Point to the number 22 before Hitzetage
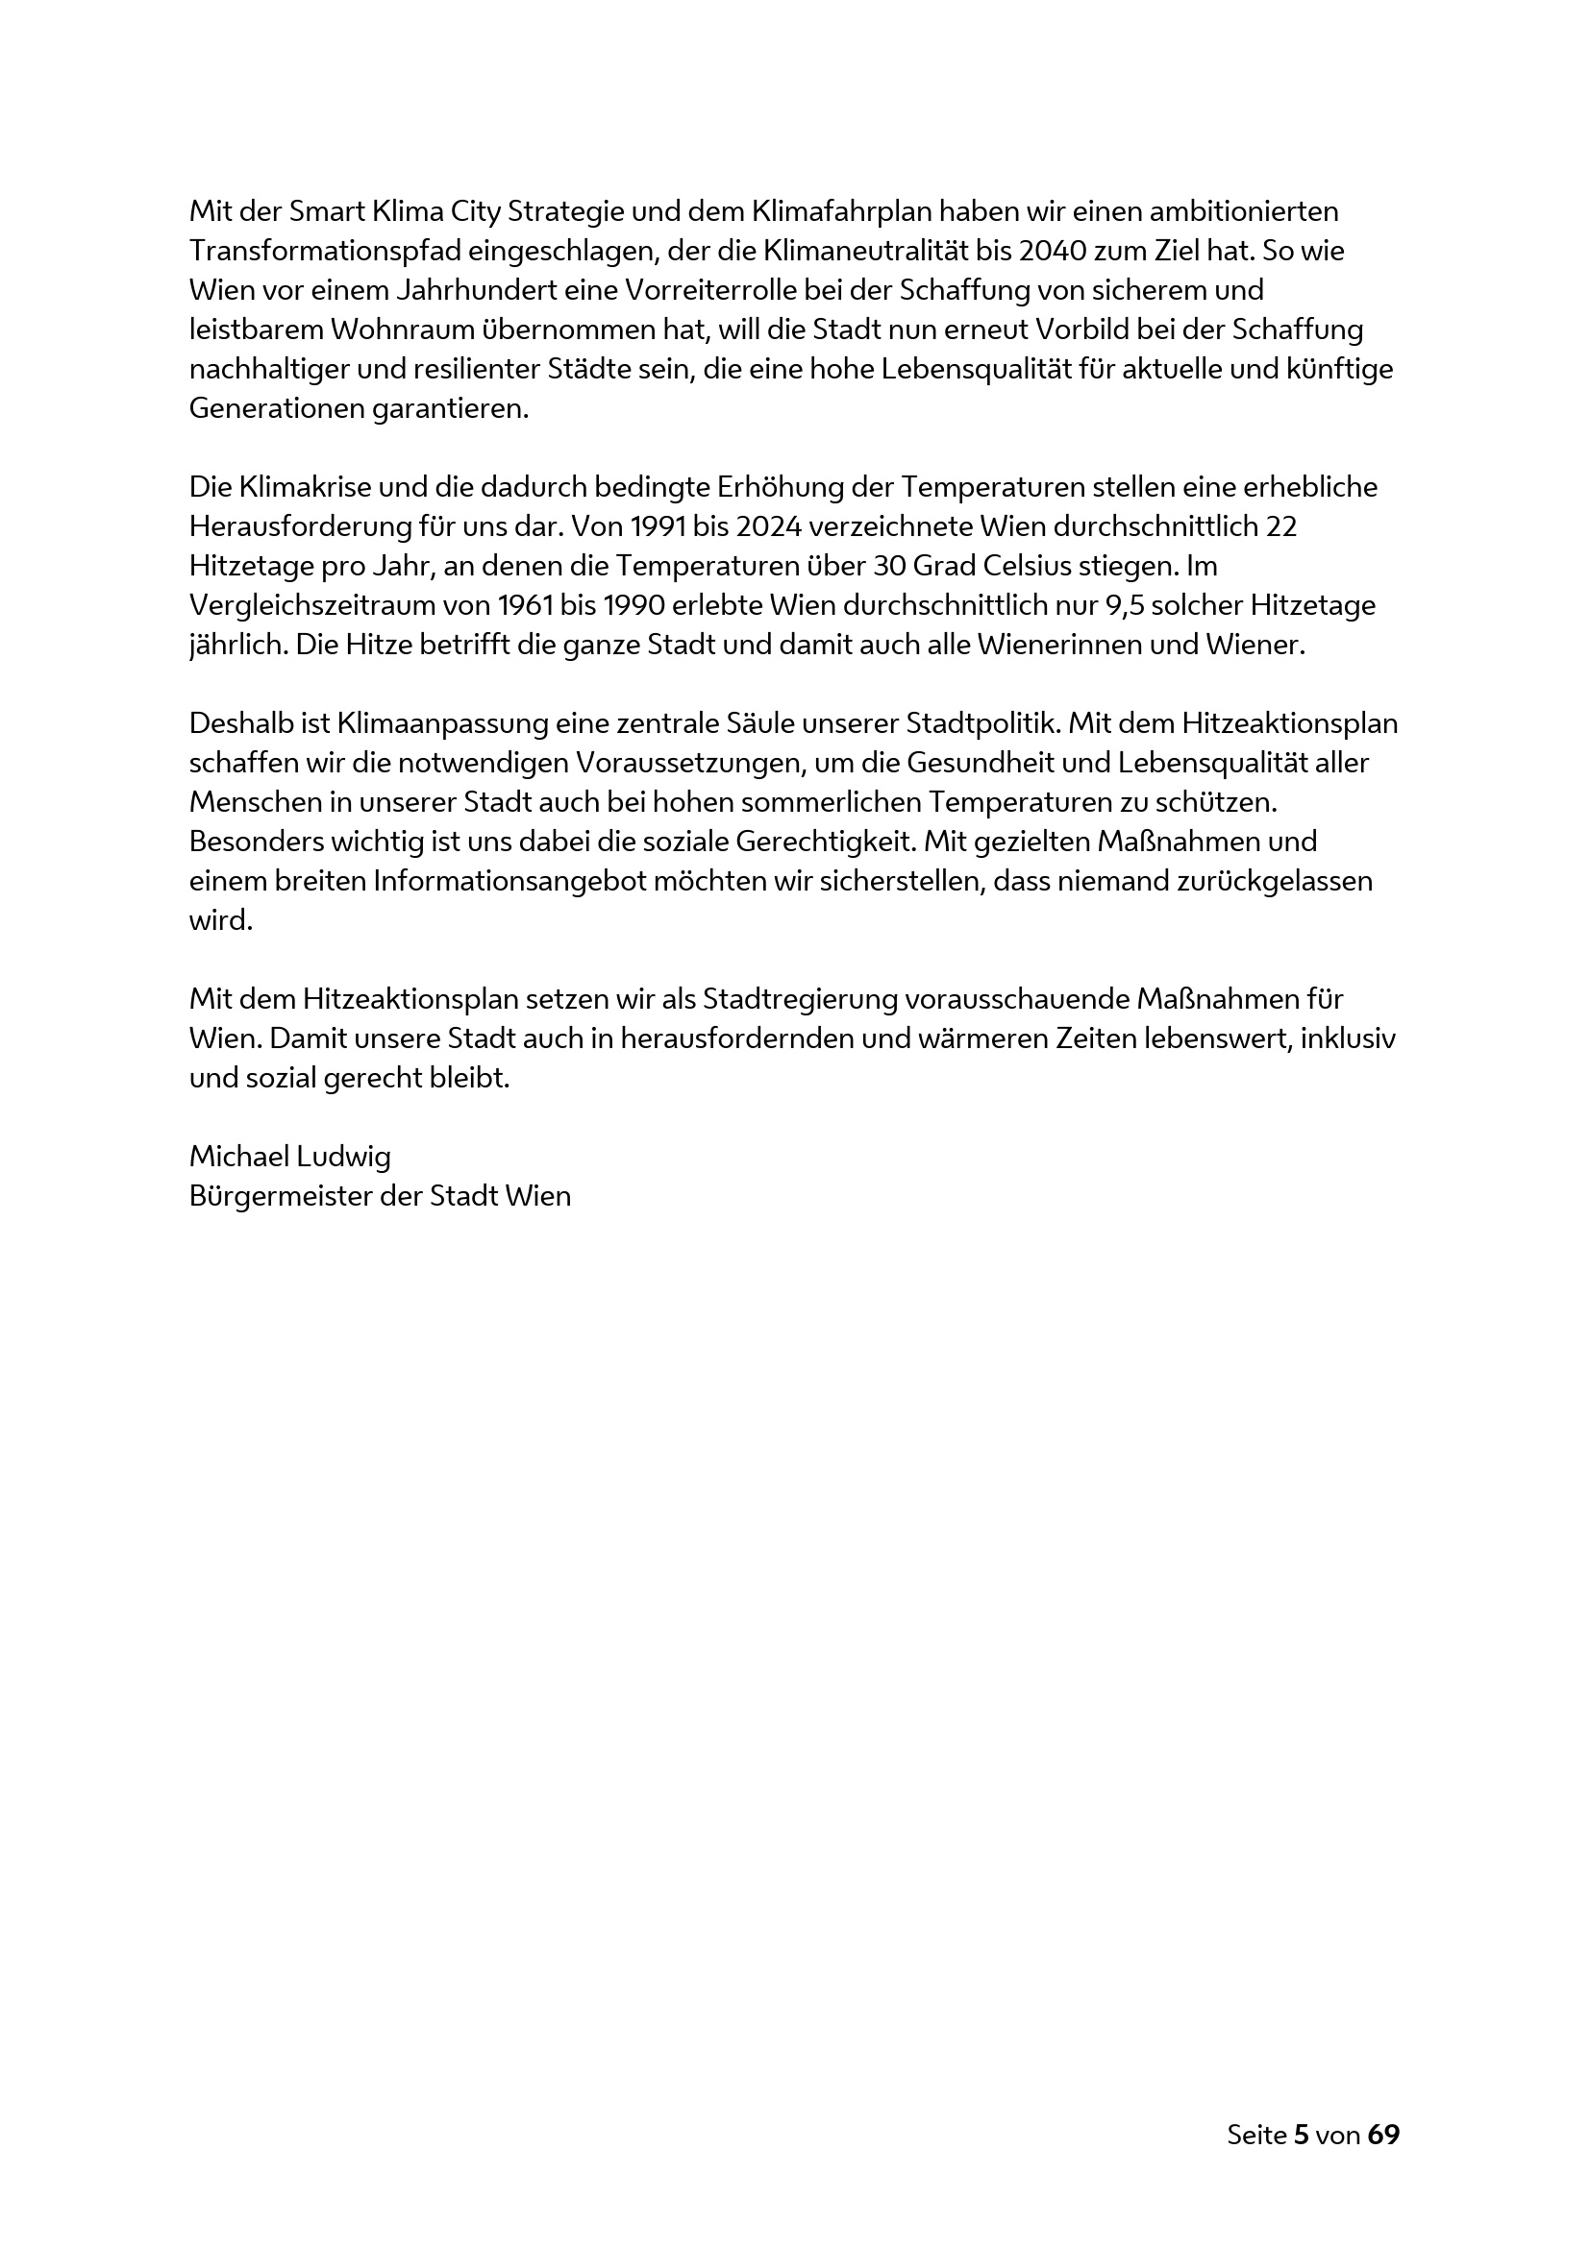pos(1280,527)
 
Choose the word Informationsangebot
pos(509,882)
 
